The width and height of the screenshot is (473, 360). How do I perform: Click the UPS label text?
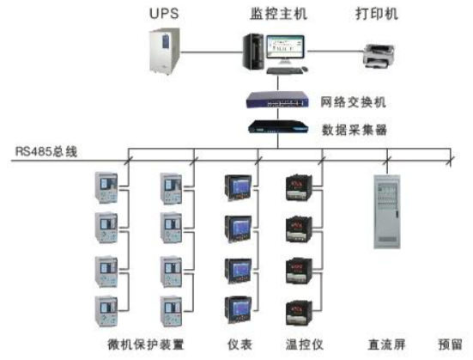tap(164, 14)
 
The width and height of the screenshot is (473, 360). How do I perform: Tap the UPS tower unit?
tap(165, 51)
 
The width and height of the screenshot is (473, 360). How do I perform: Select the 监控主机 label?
tap(278, 14)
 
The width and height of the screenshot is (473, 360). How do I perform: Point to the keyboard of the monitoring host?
tap(284, 70)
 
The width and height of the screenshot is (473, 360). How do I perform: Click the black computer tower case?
tap(254, 52)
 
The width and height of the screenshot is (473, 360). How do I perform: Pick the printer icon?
tap(379, 56)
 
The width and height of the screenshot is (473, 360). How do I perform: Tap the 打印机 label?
tap(377, 14)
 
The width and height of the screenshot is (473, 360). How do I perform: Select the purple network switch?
tap(277, 100)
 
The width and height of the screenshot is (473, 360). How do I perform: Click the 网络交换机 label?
tap(353, 102)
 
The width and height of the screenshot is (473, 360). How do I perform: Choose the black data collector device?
tap(278, 126)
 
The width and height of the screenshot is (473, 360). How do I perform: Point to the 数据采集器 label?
tap(355, 130)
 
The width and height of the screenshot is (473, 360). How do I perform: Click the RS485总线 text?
tap(46, 151)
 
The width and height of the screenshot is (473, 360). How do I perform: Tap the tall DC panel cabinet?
tap(387, 211)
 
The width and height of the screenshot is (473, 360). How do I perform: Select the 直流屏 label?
tap(386, 345)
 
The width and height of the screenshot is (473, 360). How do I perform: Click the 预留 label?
tap(450, 345)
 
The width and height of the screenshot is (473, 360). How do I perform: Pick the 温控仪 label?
tap(305, 345)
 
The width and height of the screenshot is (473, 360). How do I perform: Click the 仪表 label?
tap(240, 345)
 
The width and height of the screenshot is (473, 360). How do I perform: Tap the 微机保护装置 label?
tap(146, 345)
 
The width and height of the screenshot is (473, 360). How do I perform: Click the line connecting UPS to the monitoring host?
tap(212, 52)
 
